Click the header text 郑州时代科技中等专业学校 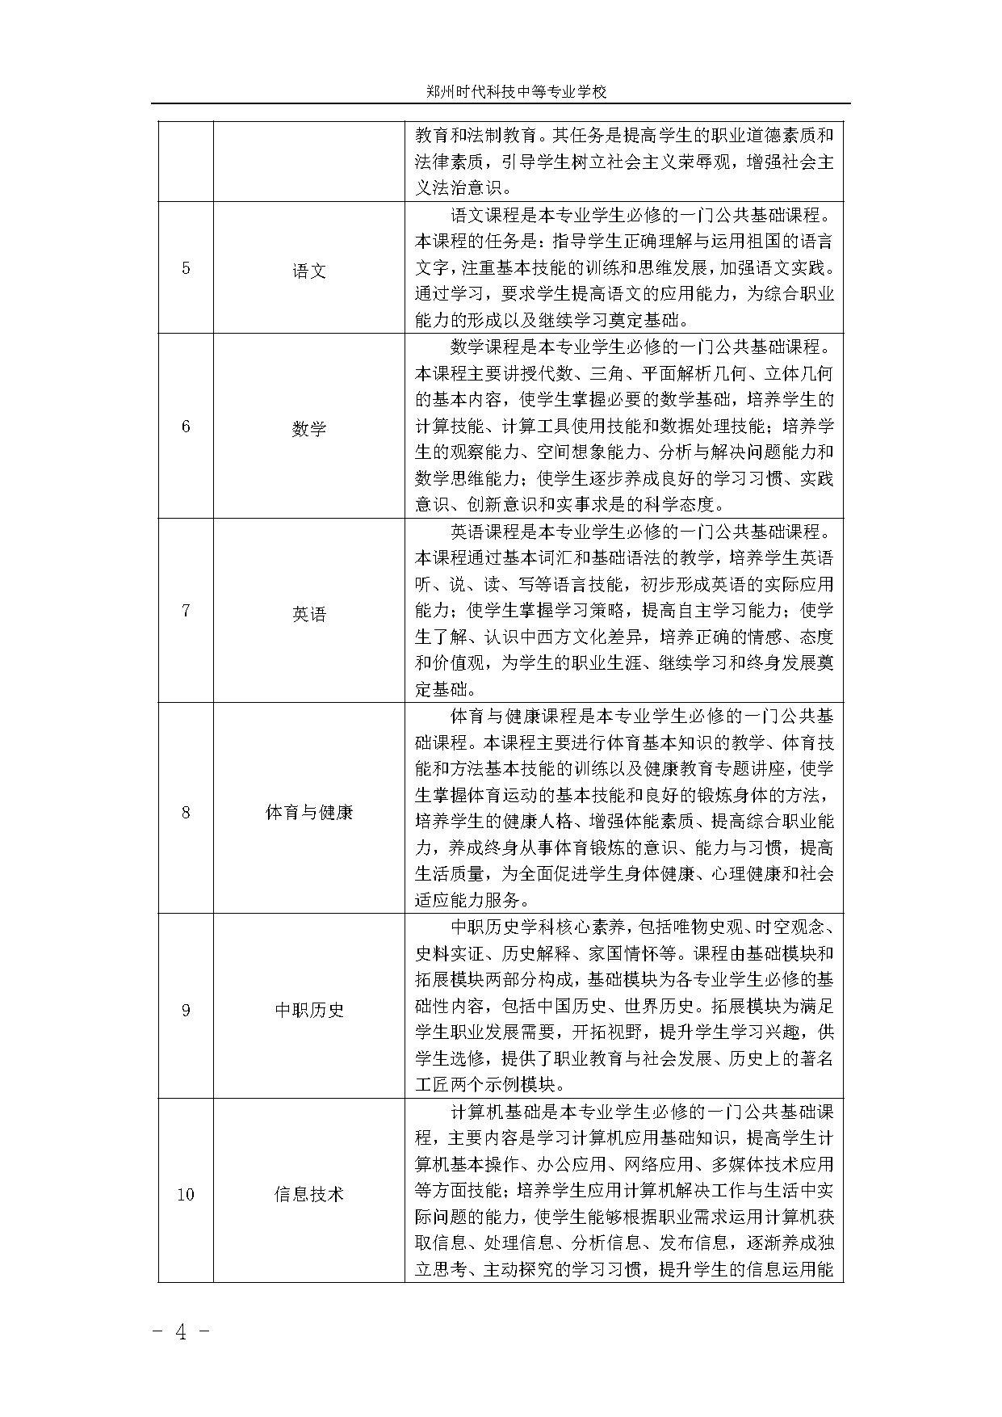pos(516,92)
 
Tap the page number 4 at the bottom pos(181,1333)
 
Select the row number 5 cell pos(186,268)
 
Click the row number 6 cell pos(186,427)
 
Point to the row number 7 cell pos(186,611)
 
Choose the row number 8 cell pos(186,812)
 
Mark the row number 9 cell pos(186,1010)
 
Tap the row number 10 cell pos(186,1194)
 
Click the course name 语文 pos(309,271)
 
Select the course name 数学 pos(309,429)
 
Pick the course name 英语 pos(309,615)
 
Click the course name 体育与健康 pos(309,812)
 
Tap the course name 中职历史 pos(309,1010)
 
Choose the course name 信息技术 pos(309,1194)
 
